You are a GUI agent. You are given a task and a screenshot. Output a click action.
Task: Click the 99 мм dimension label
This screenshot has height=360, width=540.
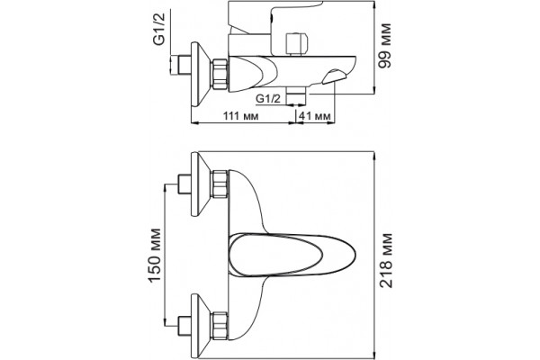[384, 46]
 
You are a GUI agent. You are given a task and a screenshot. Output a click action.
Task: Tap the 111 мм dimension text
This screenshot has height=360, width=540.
[240, 116]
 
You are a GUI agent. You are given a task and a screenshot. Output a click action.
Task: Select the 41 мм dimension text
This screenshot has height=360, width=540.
[314, 116]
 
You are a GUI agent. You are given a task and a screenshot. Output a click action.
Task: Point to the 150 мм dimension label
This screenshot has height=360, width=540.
[155, 255]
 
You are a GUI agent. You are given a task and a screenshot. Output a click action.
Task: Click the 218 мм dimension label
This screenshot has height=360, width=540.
[386, 260]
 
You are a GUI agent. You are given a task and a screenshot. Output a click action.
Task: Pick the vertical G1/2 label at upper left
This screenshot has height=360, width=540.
[159, 29]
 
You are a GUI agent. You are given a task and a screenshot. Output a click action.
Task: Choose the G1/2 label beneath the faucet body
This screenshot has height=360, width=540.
[268, 99]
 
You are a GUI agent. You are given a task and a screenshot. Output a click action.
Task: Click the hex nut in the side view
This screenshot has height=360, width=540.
[220, 75]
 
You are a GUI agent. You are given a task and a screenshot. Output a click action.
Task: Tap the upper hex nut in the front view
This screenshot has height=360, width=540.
[220, 184]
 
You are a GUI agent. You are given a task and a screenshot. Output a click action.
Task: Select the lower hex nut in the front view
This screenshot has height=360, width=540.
[220, 326]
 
